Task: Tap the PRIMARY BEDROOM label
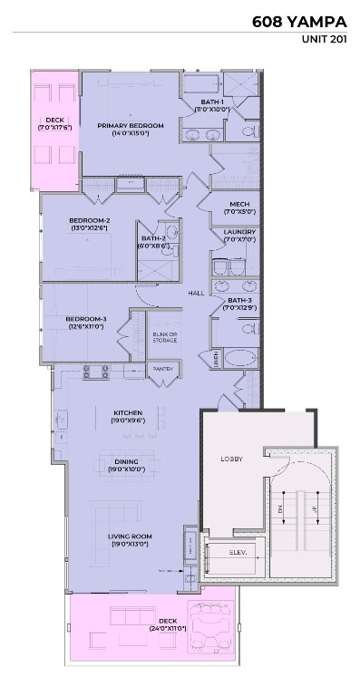tap(131, 126)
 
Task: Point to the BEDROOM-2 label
tap(89, 220)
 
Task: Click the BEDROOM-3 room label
tap(85, 318)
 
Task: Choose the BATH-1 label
tap(211, 101)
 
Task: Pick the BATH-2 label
tap(151, 237)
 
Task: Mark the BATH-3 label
tap(239, 300)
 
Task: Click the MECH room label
tap(239, 204)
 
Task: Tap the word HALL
tap(196, 293)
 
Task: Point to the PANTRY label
tap(162, 369)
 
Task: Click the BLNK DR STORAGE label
tap(163, 338)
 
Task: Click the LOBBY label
tap(232, 459)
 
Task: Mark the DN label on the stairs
tap(282, 510)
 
